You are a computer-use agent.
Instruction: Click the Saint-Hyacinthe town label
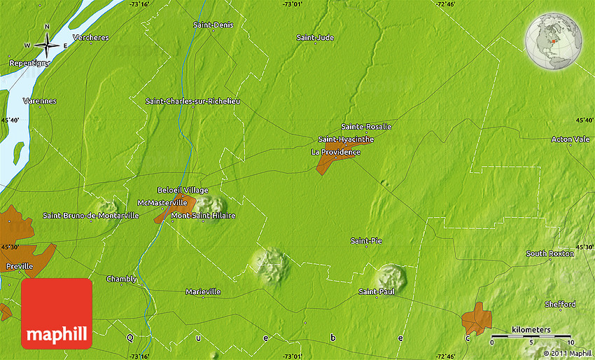pyautogui.click(x=346, y=139)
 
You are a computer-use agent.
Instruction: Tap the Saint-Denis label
pyautogui.click(x=213, y=25)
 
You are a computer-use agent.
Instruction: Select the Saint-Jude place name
pyautogui.click(x=315, y=37)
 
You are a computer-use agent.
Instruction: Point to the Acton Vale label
pyautogui.click(x=570, y=139)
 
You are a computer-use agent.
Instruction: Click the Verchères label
pyautogui.click(x=90, y=37)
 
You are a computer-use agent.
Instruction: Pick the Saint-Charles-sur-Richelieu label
pyautogui.click(x=192, y=101)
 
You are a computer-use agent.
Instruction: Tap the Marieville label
pyautogui.click(x=203, y=291)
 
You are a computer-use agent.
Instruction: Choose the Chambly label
pyautogui.click(x=121, y=279)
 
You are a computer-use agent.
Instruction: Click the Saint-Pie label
pyautogui.click(x=366, y=241)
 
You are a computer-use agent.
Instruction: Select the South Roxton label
pyautogui.click(x=550, y=254)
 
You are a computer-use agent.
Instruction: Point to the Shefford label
pyautogui.click(x=560, y=304)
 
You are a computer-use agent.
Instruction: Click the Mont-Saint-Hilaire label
pyautogui.click(x=203, y=216)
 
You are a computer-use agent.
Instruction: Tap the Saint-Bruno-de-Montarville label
pyautogui.click(x=90, y=216)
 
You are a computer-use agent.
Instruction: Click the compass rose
pyautogui.click(x=47, y=46)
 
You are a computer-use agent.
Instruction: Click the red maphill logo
pyautogui.click(x=57, y=313)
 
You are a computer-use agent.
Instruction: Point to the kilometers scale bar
pyautogui.click(x=531, y=337)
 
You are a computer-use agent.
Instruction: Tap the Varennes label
pyautogui.click(x=39, y=101)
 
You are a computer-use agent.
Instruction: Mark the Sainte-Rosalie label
pyautogui.click(x=366, y=127)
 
